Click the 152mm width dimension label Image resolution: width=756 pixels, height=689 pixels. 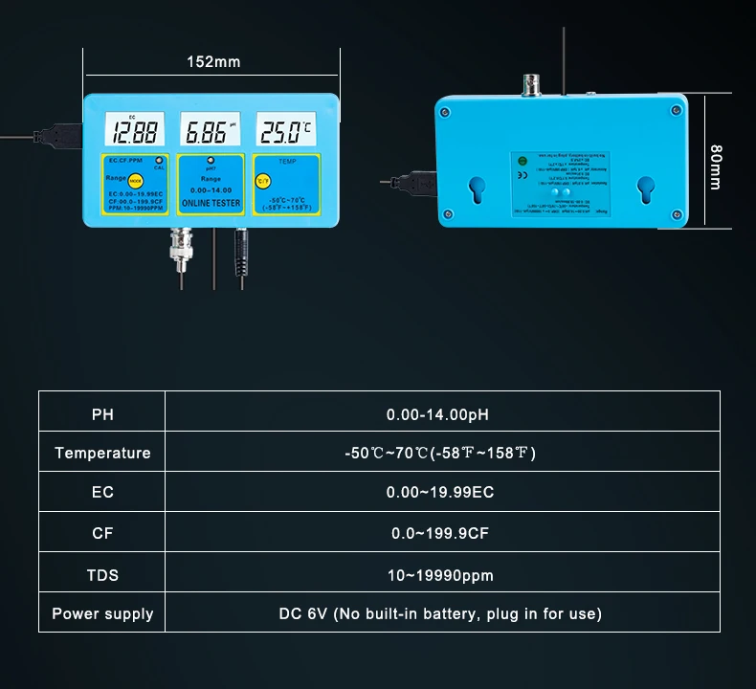coord(213,62)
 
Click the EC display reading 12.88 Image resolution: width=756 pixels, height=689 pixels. coord(133,131)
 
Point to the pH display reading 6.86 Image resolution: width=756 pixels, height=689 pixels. coord(208,131)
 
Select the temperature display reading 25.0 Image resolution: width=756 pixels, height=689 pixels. coord(285,131)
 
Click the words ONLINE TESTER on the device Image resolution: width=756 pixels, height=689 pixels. coord(211,203)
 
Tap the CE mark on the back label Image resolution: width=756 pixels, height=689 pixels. coord(521,175)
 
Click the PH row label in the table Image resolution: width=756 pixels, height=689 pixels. coord(102,414)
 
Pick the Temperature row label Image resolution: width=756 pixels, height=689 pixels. coord(102,453)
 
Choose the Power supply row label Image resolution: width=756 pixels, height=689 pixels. coord(102,613)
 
